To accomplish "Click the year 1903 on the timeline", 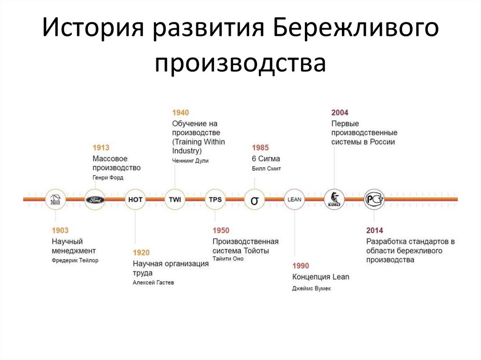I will coord(60,230).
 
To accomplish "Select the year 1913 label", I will coord(101,148).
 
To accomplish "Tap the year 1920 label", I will coord(141,253).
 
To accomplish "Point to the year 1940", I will coord(180,113).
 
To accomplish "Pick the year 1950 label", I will coord(221,230).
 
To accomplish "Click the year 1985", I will coord(260,148).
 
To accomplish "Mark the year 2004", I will coord(340,113).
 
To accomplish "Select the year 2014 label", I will coord(375,230).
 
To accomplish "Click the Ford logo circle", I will coord(95,199).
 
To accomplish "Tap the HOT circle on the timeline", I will coord(135,199).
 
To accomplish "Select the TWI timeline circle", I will coord(175,199).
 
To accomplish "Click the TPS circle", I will coord(215,199).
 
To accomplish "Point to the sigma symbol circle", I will coord(255,200).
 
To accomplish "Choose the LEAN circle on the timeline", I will coord(295,199).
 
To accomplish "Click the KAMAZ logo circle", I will coord(334,199).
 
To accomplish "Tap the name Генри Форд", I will coord(109,178).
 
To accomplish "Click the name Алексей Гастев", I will coord(153,283).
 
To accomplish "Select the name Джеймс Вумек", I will coord(311,288).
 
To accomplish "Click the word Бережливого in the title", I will coord(355,30).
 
